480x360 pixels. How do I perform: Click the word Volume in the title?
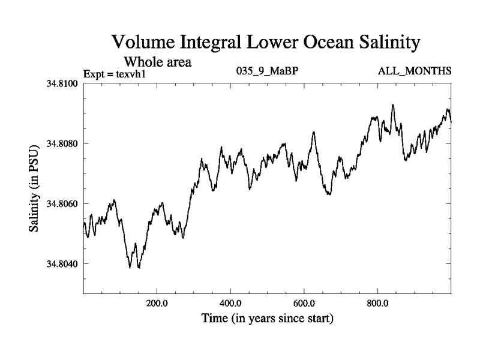coord(144,43)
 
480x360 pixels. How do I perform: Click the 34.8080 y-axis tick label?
coord(63,143)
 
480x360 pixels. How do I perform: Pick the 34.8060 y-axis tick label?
coord(63,204)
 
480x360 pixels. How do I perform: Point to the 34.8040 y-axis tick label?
coord(63,264)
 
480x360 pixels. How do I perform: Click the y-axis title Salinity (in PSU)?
coord(36,188)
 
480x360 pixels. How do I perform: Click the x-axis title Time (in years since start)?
coord(267,318)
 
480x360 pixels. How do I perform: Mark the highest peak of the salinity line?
coord(393,105)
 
